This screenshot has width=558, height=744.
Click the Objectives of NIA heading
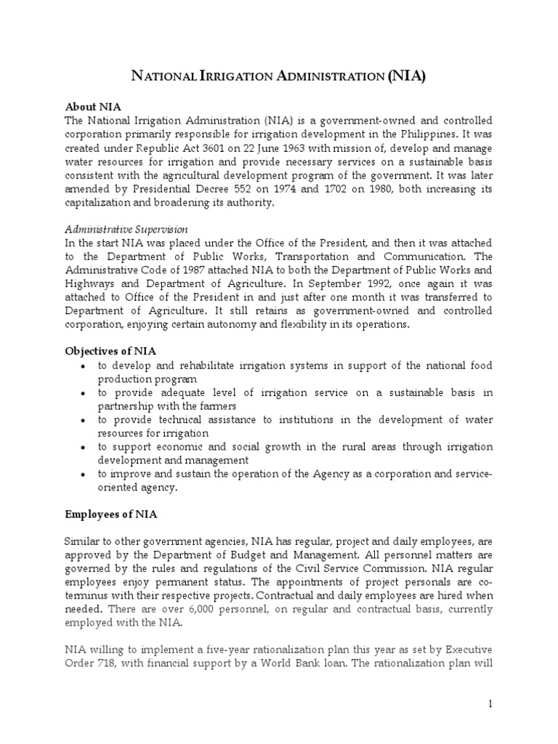click(110, 351)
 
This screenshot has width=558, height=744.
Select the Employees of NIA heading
click(111, 514)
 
